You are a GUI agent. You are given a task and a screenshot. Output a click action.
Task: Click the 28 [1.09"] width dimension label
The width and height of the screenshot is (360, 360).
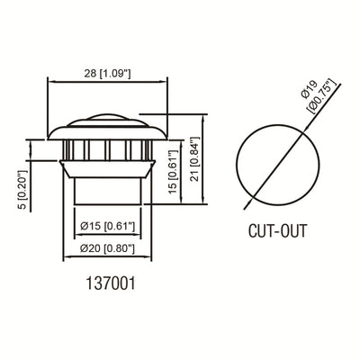[x=107, y=74]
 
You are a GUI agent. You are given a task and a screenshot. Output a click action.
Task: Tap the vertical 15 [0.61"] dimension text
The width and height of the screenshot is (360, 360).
[x=173, y=172]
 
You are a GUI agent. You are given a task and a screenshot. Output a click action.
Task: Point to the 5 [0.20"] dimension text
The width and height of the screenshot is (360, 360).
[x=22, y=190]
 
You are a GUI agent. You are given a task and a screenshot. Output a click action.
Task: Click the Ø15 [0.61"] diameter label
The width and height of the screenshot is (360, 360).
[x=107, y=226]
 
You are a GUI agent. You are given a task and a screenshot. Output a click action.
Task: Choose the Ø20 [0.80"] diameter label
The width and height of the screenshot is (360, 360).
[x=107, y=248]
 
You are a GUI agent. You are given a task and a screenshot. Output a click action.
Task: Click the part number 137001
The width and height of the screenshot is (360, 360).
[x=111, y=283]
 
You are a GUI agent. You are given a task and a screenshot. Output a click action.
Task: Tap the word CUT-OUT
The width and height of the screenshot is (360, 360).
[x=278, y=231]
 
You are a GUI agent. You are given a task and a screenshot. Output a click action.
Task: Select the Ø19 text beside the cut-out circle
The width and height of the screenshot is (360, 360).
[x=309, y=89]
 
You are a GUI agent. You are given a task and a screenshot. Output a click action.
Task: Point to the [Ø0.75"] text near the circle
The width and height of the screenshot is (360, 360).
[x=321, y=97]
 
